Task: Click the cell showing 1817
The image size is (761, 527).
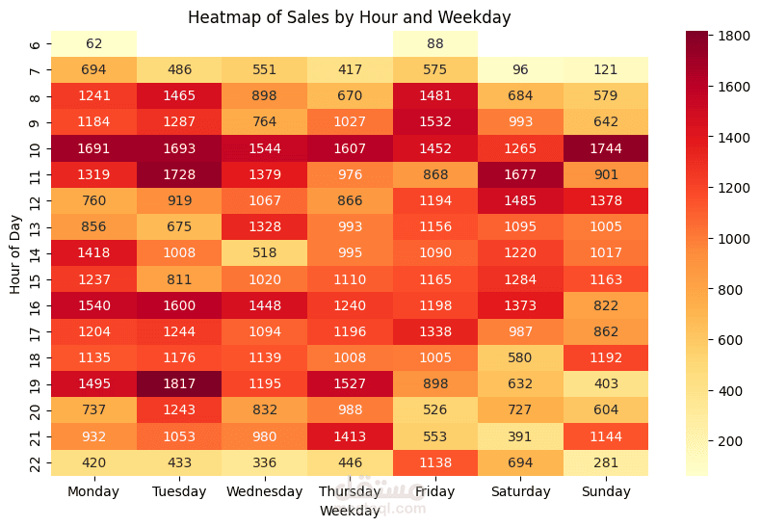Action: coord(179,383)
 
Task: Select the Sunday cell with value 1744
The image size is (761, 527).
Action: coord(606,148)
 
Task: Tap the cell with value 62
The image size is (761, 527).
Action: coord(93,43)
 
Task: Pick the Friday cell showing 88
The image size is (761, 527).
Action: coord(434,43)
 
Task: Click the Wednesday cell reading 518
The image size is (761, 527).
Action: coord(265,252)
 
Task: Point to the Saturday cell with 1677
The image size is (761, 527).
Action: coord(520,174)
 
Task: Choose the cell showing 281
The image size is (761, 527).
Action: coord(606,462)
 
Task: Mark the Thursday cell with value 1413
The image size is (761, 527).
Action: coord(350,436)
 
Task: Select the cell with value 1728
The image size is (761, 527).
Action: coord(179,174)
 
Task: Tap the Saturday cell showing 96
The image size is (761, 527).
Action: coord(520,70)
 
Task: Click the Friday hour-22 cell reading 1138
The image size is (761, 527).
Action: coord(434,462)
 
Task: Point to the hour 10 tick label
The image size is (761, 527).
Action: coord(35,149)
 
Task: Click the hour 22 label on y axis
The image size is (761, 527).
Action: coord(35,463)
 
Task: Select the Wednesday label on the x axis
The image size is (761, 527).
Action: coord(265,491)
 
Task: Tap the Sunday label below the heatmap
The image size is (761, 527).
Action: coord(606,491)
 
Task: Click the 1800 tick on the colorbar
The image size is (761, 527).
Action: coord(734,36)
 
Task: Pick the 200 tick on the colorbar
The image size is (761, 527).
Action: coord(730,441)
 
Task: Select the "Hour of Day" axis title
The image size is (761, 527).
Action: coord(15,254)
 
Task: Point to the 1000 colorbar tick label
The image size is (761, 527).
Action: coord(734,239)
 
